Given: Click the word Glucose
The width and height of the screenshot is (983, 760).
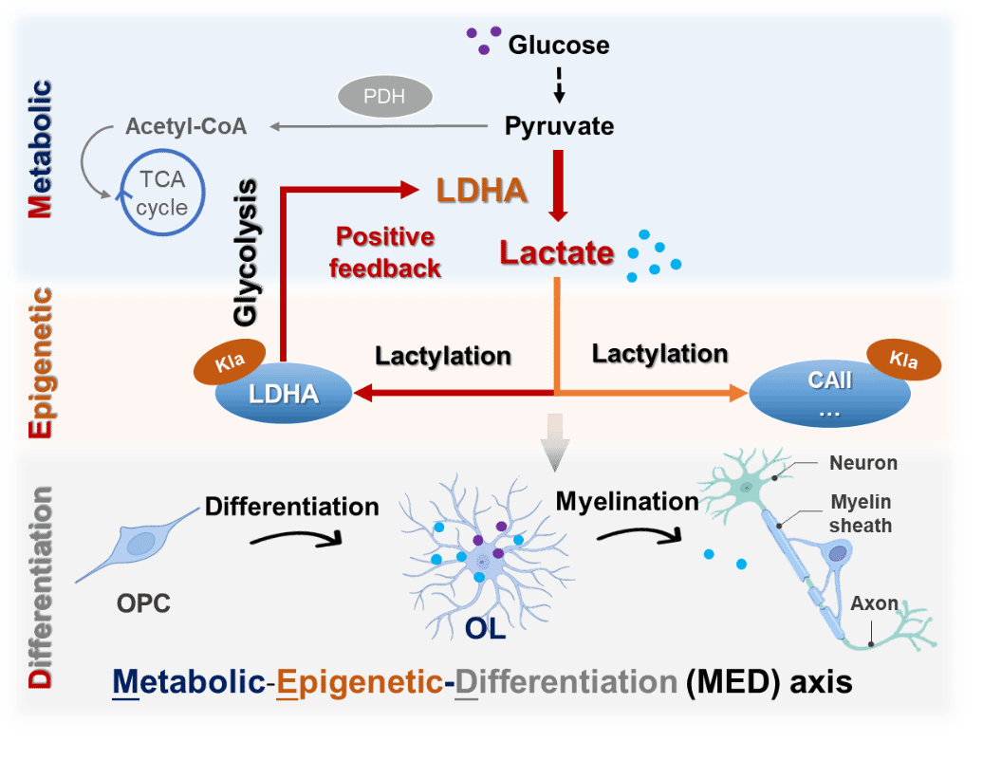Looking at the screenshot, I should point(559,45).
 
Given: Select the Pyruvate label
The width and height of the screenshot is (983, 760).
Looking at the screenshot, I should point(559,125).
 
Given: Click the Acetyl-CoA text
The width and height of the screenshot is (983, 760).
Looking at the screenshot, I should point(186,126).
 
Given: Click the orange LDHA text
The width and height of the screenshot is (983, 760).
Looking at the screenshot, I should point(482,191).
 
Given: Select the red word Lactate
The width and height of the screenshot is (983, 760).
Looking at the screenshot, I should point(558,253).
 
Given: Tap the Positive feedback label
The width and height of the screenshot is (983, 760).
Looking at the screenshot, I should point(385,252).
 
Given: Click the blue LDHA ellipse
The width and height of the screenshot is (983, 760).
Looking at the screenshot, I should point(283,393).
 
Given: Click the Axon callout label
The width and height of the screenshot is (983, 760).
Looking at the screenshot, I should point(874,603).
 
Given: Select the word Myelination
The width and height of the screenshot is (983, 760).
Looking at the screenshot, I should point(627,500).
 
